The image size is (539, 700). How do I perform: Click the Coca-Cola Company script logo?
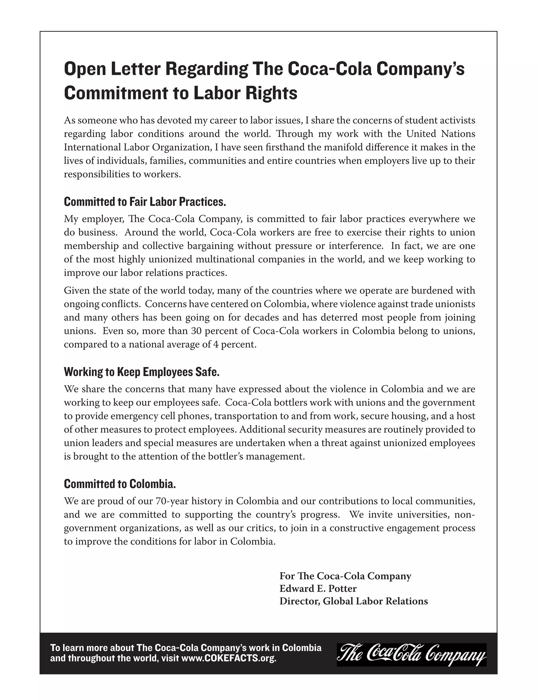click(x=411, y=655)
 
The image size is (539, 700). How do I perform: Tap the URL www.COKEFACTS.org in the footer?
click(x=229, y=659)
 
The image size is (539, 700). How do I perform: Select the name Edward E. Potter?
click(x=318, y=589)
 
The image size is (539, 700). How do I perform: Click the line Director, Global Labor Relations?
click(x=353, y=601)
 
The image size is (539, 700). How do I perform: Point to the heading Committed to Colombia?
click(x=120, y=484)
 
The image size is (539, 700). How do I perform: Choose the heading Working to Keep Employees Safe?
click(x=142, y=372)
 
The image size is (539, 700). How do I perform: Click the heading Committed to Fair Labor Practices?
click(x=145, y=202)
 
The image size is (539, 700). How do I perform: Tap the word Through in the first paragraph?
click(x=295, y=134)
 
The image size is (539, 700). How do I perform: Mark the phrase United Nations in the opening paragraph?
click(x=441, y=134)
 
